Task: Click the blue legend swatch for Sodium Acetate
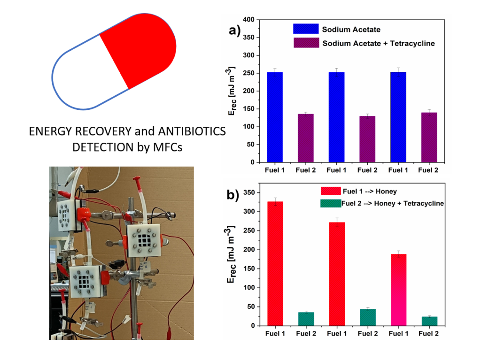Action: (305, 29)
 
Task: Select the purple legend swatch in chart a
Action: (305, 43)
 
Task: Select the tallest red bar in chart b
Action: (275, 263)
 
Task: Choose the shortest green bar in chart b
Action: (429, 321)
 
